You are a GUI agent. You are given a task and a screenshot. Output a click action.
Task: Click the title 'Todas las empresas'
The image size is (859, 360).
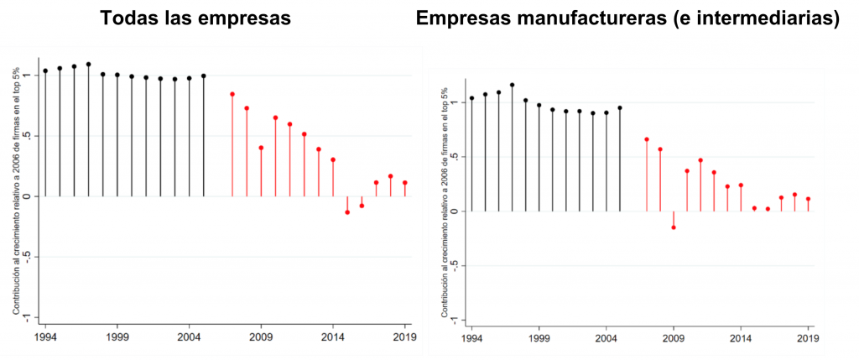pos(195,18)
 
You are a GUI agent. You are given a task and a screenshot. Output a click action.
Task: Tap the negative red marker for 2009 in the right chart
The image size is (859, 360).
pos(673,227)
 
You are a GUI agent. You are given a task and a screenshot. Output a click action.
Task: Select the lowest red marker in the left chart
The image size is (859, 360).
pos(347,212)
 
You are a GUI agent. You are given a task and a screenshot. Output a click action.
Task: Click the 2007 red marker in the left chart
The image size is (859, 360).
pos(232,94)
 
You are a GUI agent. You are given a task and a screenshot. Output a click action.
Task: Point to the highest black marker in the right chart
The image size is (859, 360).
pos(512,85)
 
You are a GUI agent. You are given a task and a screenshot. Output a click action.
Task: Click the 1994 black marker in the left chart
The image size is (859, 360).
pos(45,71)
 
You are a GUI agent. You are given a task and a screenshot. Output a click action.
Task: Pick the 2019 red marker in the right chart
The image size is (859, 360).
pos(808,199)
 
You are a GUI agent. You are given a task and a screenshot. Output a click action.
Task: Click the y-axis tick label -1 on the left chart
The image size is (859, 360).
pos(28,317)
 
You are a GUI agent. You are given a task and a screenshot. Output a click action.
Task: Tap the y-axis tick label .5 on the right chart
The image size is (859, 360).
pos(454,157)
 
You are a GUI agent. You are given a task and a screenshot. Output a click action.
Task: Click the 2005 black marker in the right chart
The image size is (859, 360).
pos(619,107)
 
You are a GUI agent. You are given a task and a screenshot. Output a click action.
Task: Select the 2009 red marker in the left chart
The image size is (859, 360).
pos(261,148)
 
